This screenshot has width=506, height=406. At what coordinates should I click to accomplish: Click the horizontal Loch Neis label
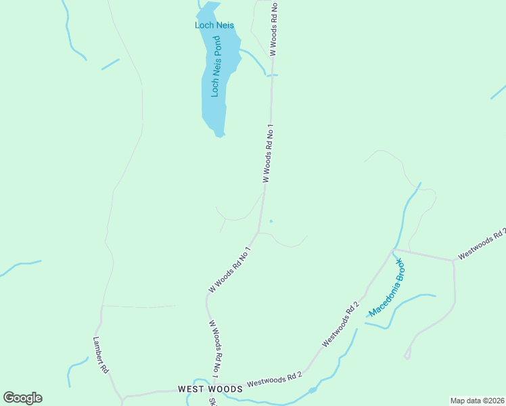pos(214,26)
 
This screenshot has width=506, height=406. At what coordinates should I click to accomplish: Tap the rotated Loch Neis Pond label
pos(216,66)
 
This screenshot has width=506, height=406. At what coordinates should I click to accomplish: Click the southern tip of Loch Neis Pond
pos(218,135)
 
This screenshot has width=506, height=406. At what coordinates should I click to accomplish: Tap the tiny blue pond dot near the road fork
pos(271,221)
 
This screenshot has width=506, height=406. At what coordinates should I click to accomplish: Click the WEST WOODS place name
pos(210,389)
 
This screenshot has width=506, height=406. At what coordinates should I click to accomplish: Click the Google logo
pos(22,398)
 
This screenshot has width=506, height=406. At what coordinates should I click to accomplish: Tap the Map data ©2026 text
pos(477,401)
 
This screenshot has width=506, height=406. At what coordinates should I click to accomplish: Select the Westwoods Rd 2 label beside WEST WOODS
pos(274,380)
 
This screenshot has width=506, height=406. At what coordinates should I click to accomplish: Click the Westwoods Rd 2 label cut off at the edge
pos(482,244)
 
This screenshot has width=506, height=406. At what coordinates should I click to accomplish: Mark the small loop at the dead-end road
pos(407,355)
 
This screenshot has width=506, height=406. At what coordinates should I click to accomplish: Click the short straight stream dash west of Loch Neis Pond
pos(110,64)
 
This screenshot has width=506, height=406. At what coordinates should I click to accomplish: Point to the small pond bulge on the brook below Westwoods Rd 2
pos(312,390)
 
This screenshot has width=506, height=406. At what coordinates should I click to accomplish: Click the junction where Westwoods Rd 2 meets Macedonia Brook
pos(392,252)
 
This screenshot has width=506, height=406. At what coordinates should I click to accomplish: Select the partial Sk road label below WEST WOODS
pos(212,401)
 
